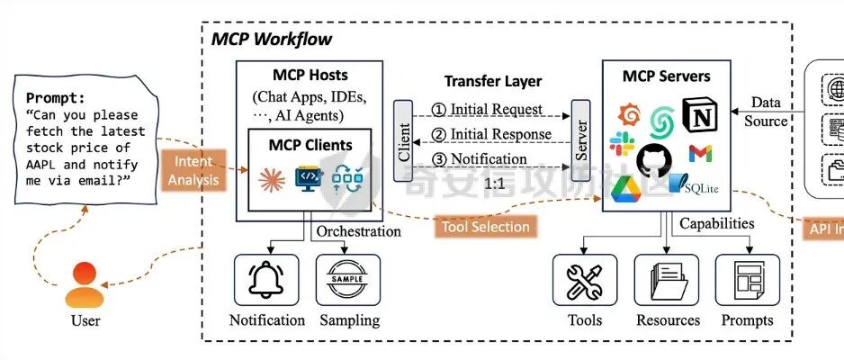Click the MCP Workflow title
[x=272, y=40]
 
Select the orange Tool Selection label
[x=486, y=227]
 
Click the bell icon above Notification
[x=266, y=280]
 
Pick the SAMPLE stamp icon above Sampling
[x=348, y=280]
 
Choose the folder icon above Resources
[x=667, y=280]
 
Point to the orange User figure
[x=86, y=284]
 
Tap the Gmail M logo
[x=702, y=154]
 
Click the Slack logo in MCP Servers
[x=621, y=145]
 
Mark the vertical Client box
[x=402, y=141]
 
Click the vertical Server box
[x=580, y=140]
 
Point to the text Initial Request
[x=487, y=109]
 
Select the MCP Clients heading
[x=310, y=144]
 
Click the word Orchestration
[x=358, y=231]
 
